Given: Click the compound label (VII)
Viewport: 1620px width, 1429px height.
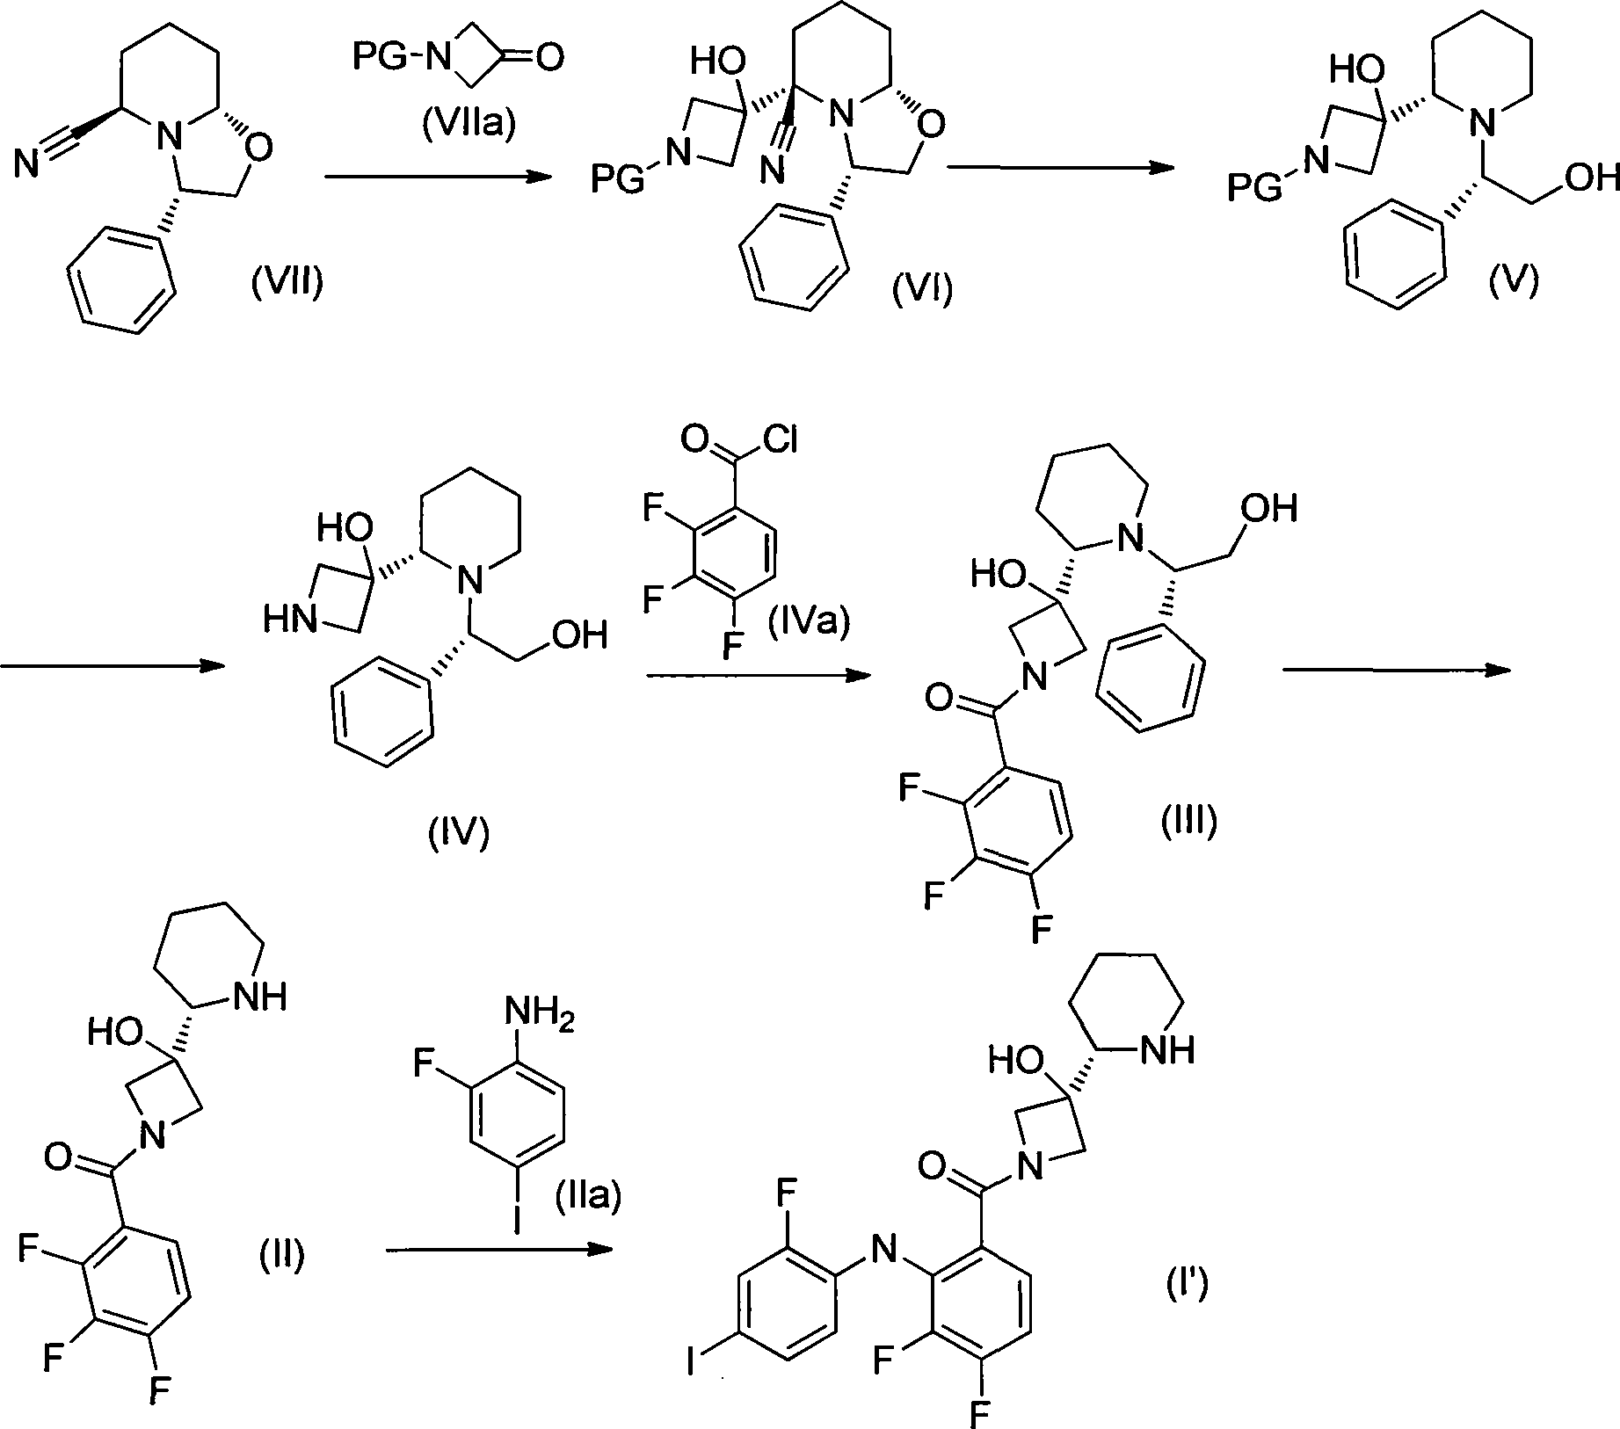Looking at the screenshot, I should (x=287, y=284).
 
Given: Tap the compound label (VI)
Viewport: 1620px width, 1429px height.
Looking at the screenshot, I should (x=922, y=289).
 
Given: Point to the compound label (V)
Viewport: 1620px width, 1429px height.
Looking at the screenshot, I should (x=1514, y=282).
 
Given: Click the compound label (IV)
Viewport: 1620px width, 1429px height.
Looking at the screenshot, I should (x=458, y=831).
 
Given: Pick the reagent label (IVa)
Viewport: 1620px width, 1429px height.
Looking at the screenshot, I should (x=808, y=623).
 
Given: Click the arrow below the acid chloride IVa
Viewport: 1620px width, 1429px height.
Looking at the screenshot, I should (x=756, y=676).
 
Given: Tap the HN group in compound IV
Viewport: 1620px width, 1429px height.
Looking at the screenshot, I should (x=290, y=620).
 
